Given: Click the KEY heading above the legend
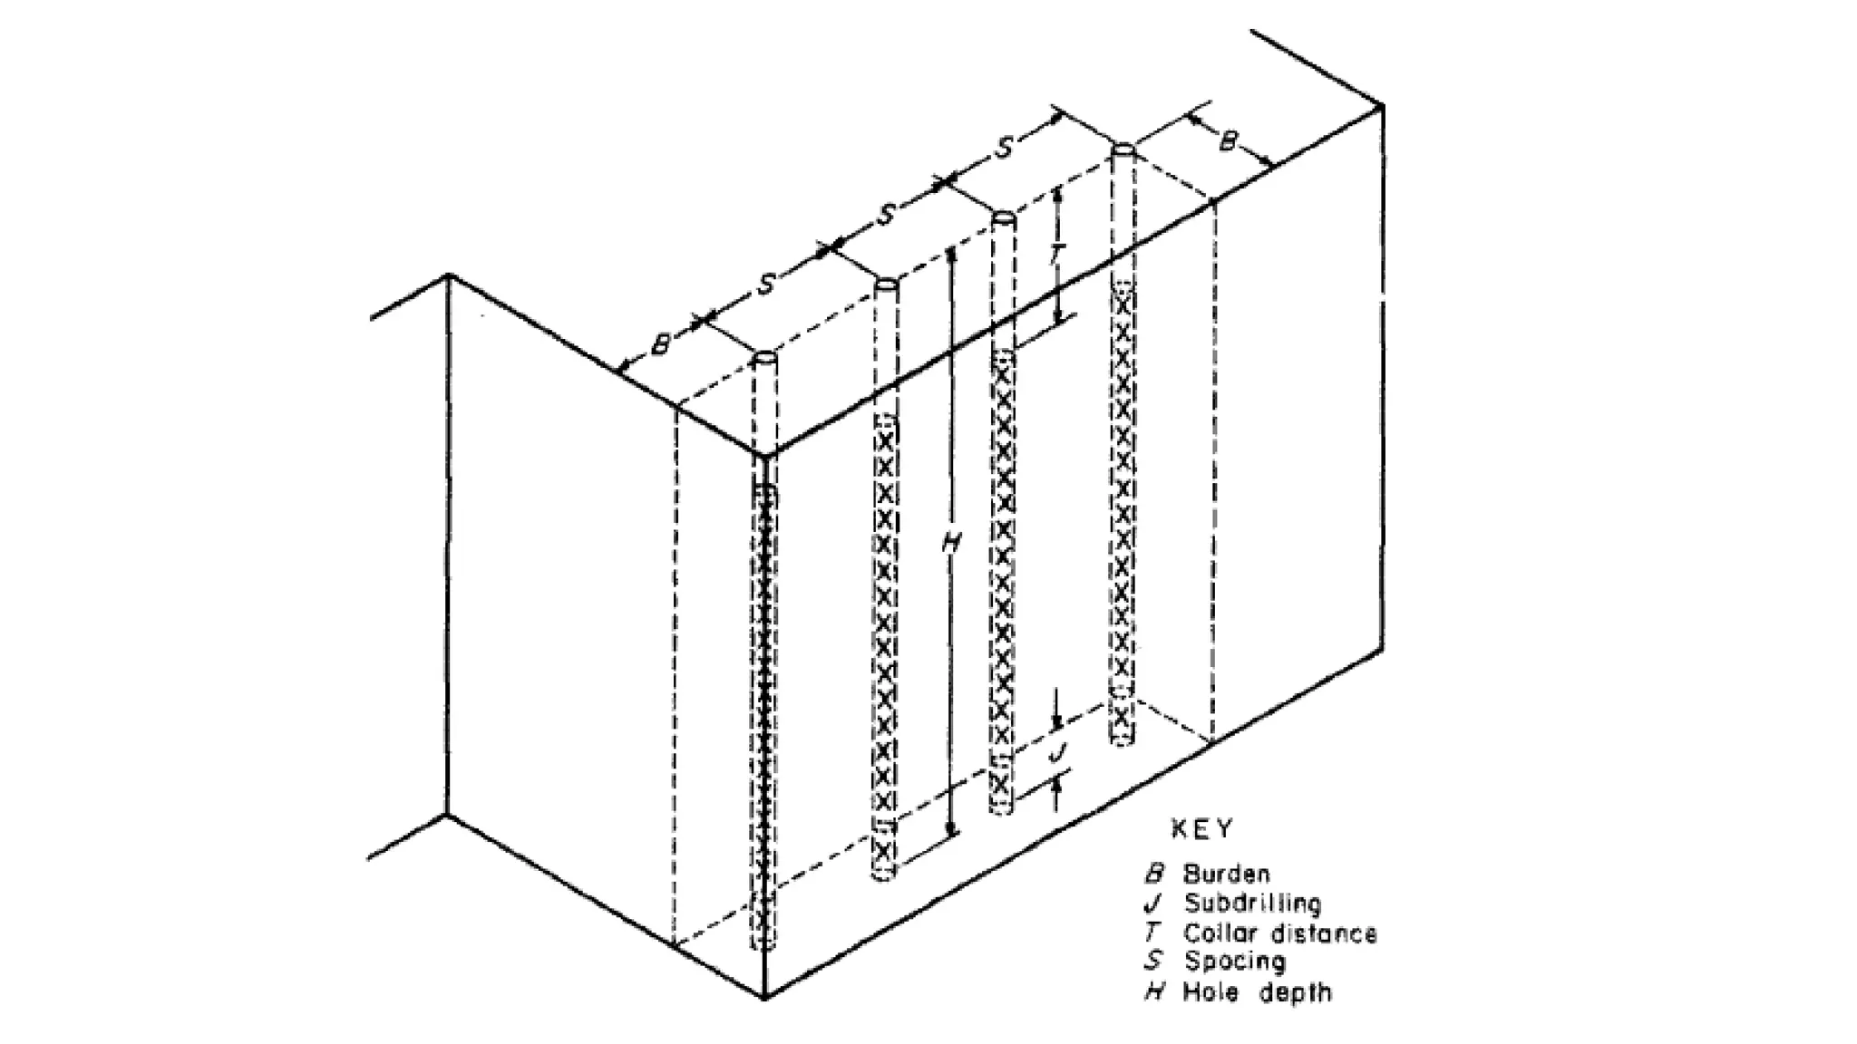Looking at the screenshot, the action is click(1202, 828).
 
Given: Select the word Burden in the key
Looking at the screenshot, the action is click(1226, 875).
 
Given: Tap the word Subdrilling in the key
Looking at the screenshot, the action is click(1252, 904).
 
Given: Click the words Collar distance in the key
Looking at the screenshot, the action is click(1279, 933).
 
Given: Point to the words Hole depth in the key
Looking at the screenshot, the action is click(1258, 992).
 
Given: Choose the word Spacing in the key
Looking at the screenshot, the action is click(1235, 962).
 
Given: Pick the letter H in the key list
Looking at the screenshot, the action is click(1153, 992).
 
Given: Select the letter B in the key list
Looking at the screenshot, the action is click(1153, 875).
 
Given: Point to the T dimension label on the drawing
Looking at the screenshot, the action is click(1056, 255).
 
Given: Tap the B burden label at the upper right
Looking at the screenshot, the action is click(1228, 141).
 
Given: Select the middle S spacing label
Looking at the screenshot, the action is click(886, 214).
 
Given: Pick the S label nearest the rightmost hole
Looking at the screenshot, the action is click(1003, 148).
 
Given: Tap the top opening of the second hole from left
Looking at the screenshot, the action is click(886, 285).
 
